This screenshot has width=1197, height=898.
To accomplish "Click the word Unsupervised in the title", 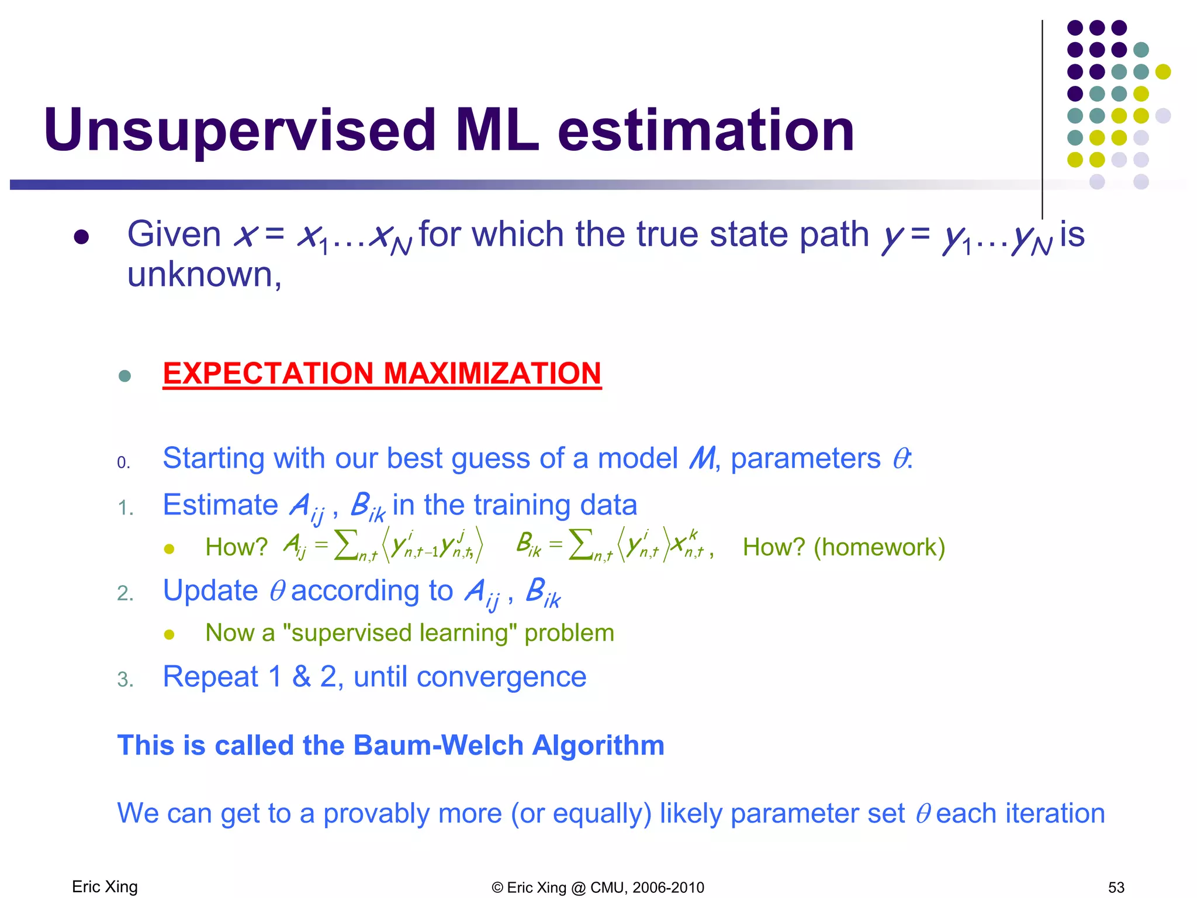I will (x=240, y=131).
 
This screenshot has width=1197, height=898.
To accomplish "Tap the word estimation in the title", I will (x=706, y=131).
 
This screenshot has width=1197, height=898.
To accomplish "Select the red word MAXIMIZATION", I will (x=492, y=374).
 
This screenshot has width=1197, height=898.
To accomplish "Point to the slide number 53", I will (x=1116, y=887).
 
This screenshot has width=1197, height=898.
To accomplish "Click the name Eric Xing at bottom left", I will (x=105, y=887).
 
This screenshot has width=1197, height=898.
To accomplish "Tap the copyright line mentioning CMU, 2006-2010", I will (x=598, y=887).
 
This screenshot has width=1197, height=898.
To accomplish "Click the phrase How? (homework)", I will (x=843, y=547).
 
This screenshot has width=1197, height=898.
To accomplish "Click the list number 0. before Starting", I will (x=123, y=463).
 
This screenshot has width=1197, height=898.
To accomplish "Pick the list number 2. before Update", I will (x=125, y=593).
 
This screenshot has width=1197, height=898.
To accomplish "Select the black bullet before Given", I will (x=81, y=237).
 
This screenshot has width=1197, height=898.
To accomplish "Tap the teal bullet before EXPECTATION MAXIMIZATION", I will (x=124, y=375).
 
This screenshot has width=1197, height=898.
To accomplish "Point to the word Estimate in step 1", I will (x=220, y=505).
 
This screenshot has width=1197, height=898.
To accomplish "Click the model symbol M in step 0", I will (x=701, y=458).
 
